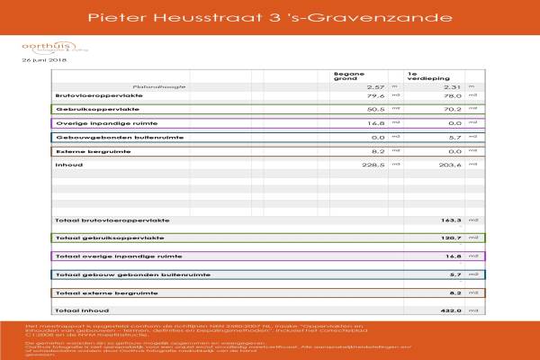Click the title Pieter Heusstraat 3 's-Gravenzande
(x=269, y=17)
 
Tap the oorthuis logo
(x=42, y=46)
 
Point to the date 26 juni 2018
(x=44, y=61)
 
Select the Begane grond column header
(x=346, y=76)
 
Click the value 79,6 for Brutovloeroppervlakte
(x=376, y=94)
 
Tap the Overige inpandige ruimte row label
(x=95, y=122)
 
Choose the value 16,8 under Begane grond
(x=376, y=122)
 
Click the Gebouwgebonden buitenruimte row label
(x=107, y=137)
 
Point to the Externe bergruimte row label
(x=87, y=151)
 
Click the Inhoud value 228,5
(x=373, y=166)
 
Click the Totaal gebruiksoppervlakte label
(x=110, y=238)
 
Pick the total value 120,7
(x=450, y=238)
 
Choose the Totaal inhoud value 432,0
(x=450, y=310)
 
